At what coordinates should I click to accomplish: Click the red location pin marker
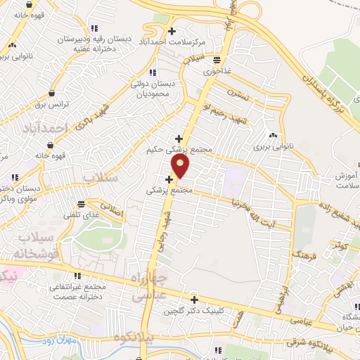(x=181, y=166)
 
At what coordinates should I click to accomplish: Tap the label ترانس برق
(x=49, y=104)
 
